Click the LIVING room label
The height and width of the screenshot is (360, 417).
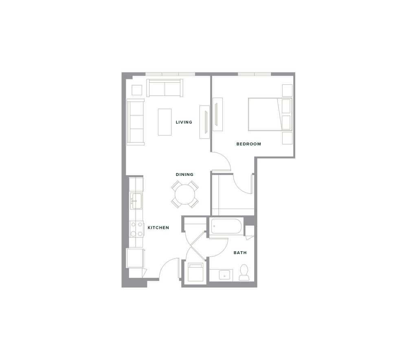click(x=184, y=122)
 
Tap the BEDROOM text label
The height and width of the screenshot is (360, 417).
click(x=248, y=144)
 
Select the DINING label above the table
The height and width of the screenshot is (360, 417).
click(x=185, y=174)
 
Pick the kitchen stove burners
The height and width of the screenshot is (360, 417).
click(x=136, y=229)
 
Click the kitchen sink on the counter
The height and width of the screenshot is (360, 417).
click(x=136, y=200)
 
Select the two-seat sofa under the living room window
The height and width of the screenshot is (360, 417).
click(x=165, y=88)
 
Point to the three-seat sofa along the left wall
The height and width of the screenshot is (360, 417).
click(x=136, y=122)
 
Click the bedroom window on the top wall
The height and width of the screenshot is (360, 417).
click(x=255, y=74)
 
